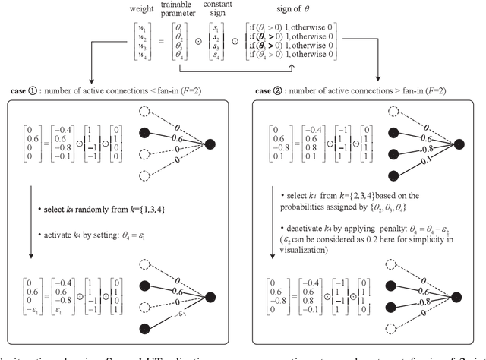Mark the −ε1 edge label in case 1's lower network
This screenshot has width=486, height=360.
(x=178, y=315)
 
